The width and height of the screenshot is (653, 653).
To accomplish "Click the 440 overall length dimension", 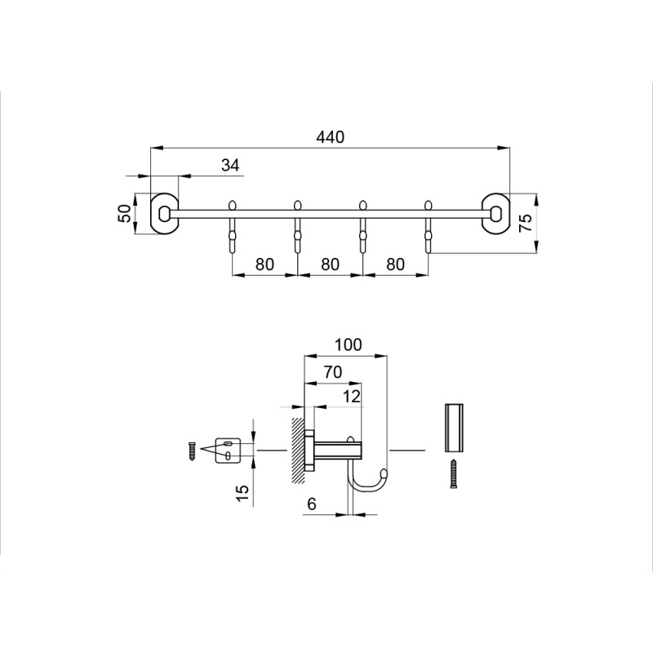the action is point(331,137).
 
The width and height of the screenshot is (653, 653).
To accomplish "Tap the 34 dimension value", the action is point(230,166).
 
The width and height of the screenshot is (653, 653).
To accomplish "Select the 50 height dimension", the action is point(126,214).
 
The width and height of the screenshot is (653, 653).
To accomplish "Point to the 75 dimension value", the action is point(526,222).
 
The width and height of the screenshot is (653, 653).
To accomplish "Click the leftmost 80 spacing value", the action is point(264,264).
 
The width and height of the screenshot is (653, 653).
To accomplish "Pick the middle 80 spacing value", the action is point(330,264).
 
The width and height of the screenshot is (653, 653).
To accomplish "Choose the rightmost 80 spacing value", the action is point(395,264).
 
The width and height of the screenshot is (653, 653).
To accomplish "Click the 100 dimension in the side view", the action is point(349,344).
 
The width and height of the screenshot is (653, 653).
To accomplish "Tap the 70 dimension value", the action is point(333,372).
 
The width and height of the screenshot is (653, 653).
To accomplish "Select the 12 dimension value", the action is point(351,397).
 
